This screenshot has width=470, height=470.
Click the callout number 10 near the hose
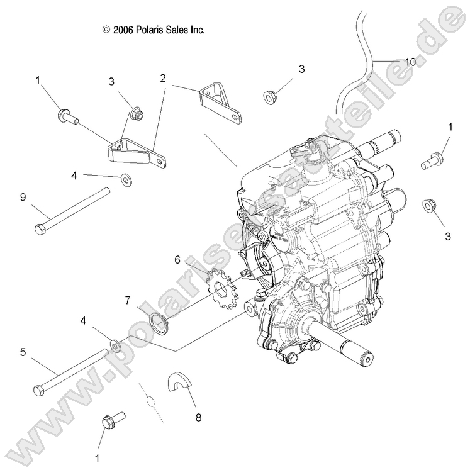410,62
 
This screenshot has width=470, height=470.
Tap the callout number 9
23,196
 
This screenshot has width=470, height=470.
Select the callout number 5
23,352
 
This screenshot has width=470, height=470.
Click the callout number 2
163,78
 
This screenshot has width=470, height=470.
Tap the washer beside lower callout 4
116,345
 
